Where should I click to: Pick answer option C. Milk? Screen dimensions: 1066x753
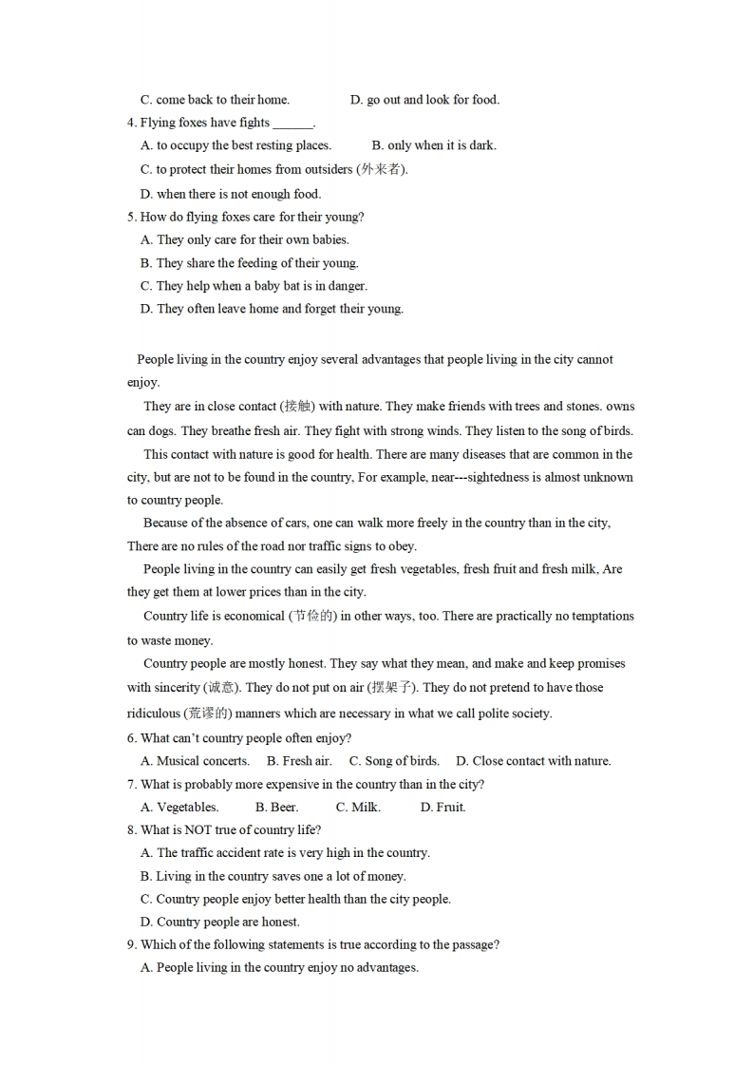click(358, 807)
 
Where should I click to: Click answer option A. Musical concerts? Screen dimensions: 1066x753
click(195, 760)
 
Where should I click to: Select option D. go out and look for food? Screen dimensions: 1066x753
click(424, 100)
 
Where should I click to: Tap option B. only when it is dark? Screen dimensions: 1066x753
click(434, 145)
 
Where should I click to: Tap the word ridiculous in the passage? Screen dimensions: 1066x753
click(153, 714)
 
